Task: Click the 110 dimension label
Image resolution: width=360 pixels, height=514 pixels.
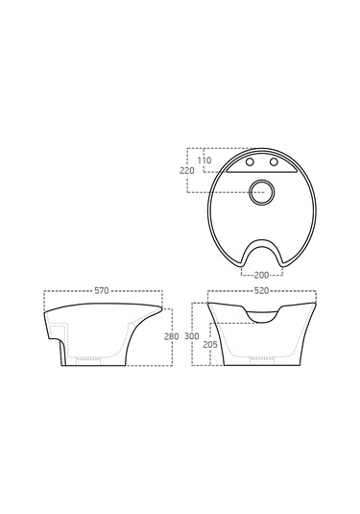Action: click(204, 160)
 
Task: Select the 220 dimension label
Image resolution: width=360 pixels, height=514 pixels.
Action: click(186, 171)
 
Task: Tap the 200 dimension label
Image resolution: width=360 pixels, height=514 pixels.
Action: click(261, 275)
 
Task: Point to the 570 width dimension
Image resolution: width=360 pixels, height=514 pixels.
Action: click(102, 290)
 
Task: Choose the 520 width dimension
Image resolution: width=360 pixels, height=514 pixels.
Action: click(261, 290)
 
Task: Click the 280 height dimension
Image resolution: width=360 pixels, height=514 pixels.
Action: click(172, 336)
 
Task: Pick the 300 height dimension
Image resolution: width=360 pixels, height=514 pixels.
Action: click(192, 336)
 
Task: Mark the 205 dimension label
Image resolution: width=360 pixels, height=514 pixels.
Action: click(210, 345)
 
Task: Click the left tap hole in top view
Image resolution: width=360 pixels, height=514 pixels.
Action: click(250, 162)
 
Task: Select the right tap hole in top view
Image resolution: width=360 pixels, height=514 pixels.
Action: click(274, 162)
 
